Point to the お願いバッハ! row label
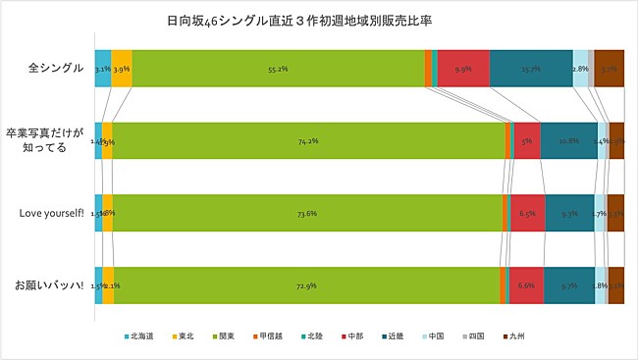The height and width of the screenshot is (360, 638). (54, 285)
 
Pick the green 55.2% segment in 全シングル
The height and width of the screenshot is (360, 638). (278, 69)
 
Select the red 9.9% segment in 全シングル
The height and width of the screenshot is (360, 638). (463, 69)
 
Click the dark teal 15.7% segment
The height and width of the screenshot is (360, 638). (531, 69)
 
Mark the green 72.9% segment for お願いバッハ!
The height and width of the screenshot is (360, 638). (305, 284)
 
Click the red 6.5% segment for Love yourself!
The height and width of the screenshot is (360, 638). (527, 213)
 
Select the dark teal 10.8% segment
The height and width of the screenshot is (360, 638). (568, 140)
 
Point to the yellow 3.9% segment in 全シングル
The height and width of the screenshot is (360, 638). (122, 69)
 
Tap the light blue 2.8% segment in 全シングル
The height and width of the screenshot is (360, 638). (580, 69)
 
